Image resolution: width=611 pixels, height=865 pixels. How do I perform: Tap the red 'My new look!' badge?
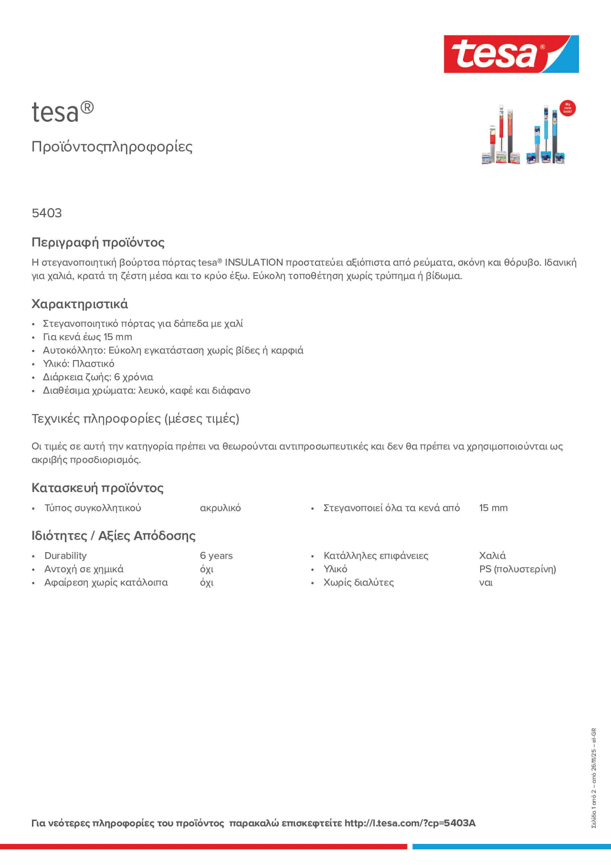[567, 108]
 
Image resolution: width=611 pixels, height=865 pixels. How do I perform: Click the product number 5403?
[47, 213]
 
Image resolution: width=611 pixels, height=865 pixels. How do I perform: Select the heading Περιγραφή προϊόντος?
[98, 242]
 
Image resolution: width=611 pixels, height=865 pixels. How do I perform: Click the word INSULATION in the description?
[254, 263]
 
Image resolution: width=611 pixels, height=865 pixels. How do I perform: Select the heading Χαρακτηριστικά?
[79, 304]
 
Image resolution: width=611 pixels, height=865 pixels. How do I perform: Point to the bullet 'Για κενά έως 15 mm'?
[87, 337]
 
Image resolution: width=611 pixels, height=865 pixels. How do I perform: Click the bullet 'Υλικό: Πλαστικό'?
[78, 364]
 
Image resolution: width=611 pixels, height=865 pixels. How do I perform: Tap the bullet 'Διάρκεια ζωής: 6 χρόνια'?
[98, 377]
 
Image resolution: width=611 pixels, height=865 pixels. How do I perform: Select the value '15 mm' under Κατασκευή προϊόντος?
[493, 508]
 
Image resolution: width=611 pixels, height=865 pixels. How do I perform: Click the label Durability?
[65, 556]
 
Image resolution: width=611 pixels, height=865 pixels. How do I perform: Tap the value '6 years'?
[216, 556]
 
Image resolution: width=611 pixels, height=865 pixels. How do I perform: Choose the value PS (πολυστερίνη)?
[517, 569]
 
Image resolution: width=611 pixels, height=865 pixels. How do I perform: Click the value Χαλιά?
[492, 556]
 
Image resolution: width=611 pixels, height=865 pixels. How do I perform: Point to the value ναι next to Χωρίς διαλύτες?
[486, 583]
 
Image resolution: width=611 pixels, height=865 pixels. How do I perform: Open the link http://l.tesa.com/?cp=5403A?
[410, 823]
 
